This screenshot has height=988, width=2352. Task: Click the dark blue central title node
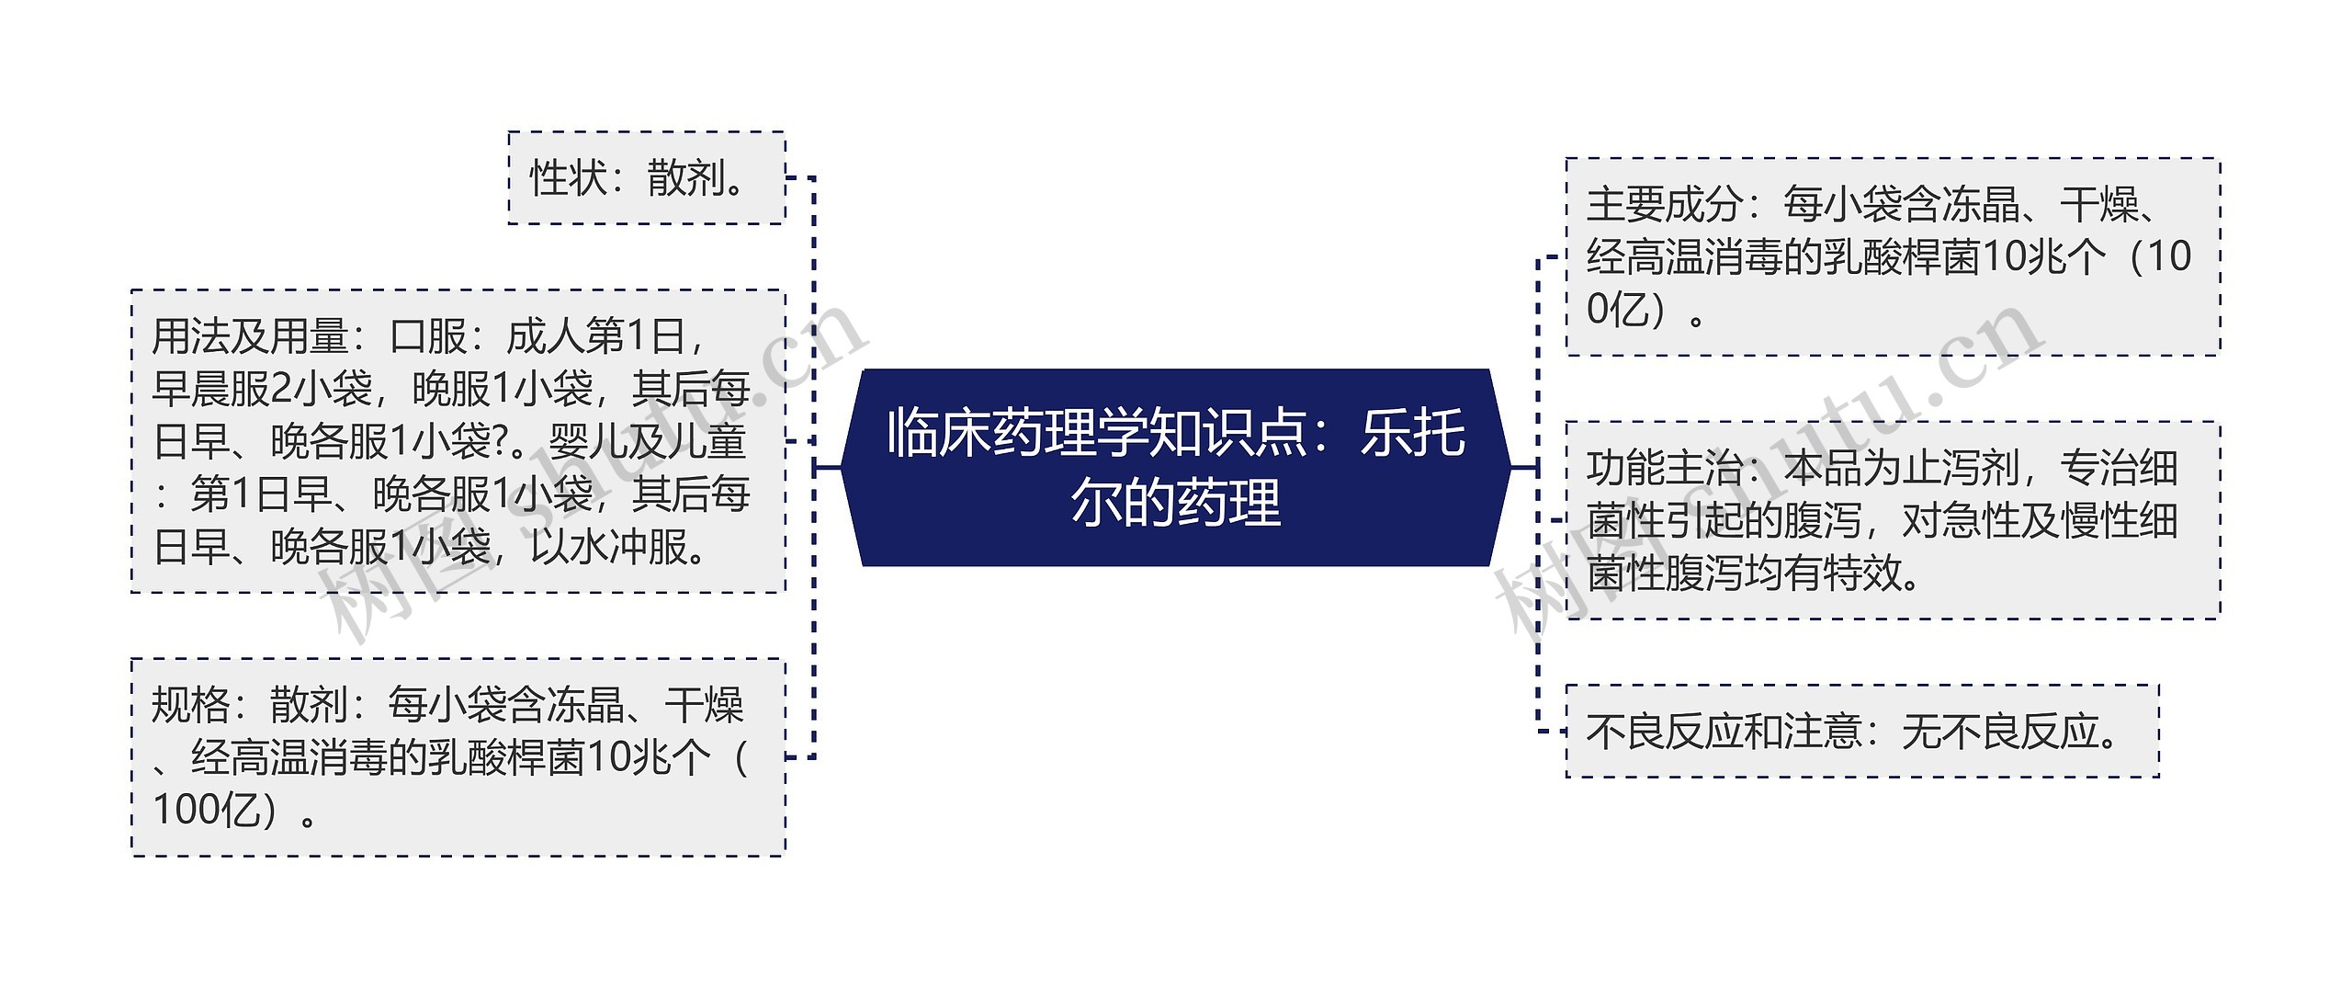click(x=1176, y=467)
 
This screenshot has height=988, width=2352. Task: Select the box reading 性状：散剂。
click(x=646, y=177)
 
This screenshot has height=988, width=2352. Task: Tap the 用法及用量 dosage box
click(x=458, y=441)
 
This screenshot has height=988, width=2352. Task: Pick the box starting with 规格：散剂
click(x=458, y=757)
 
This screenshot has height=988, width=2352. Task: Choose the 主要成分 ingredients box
click(x=1893, y=256)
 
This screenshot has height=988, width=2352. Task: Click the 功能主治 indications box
click(x=1893, y=520)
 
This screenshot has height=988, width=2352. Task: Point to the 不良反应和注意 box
click(x=1861, y=732)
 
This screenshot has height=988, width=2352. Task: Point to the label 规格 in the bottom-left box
click(x=191, y=706)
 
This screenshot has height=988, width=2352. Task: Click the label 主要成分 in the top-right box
click(x=1665, y=204)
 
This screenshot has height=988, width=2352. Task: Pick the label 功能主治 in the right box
click(x=1665, y=469)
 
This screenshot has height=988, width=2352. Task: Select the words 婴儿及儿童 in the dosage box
click(x=647, y=442)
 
